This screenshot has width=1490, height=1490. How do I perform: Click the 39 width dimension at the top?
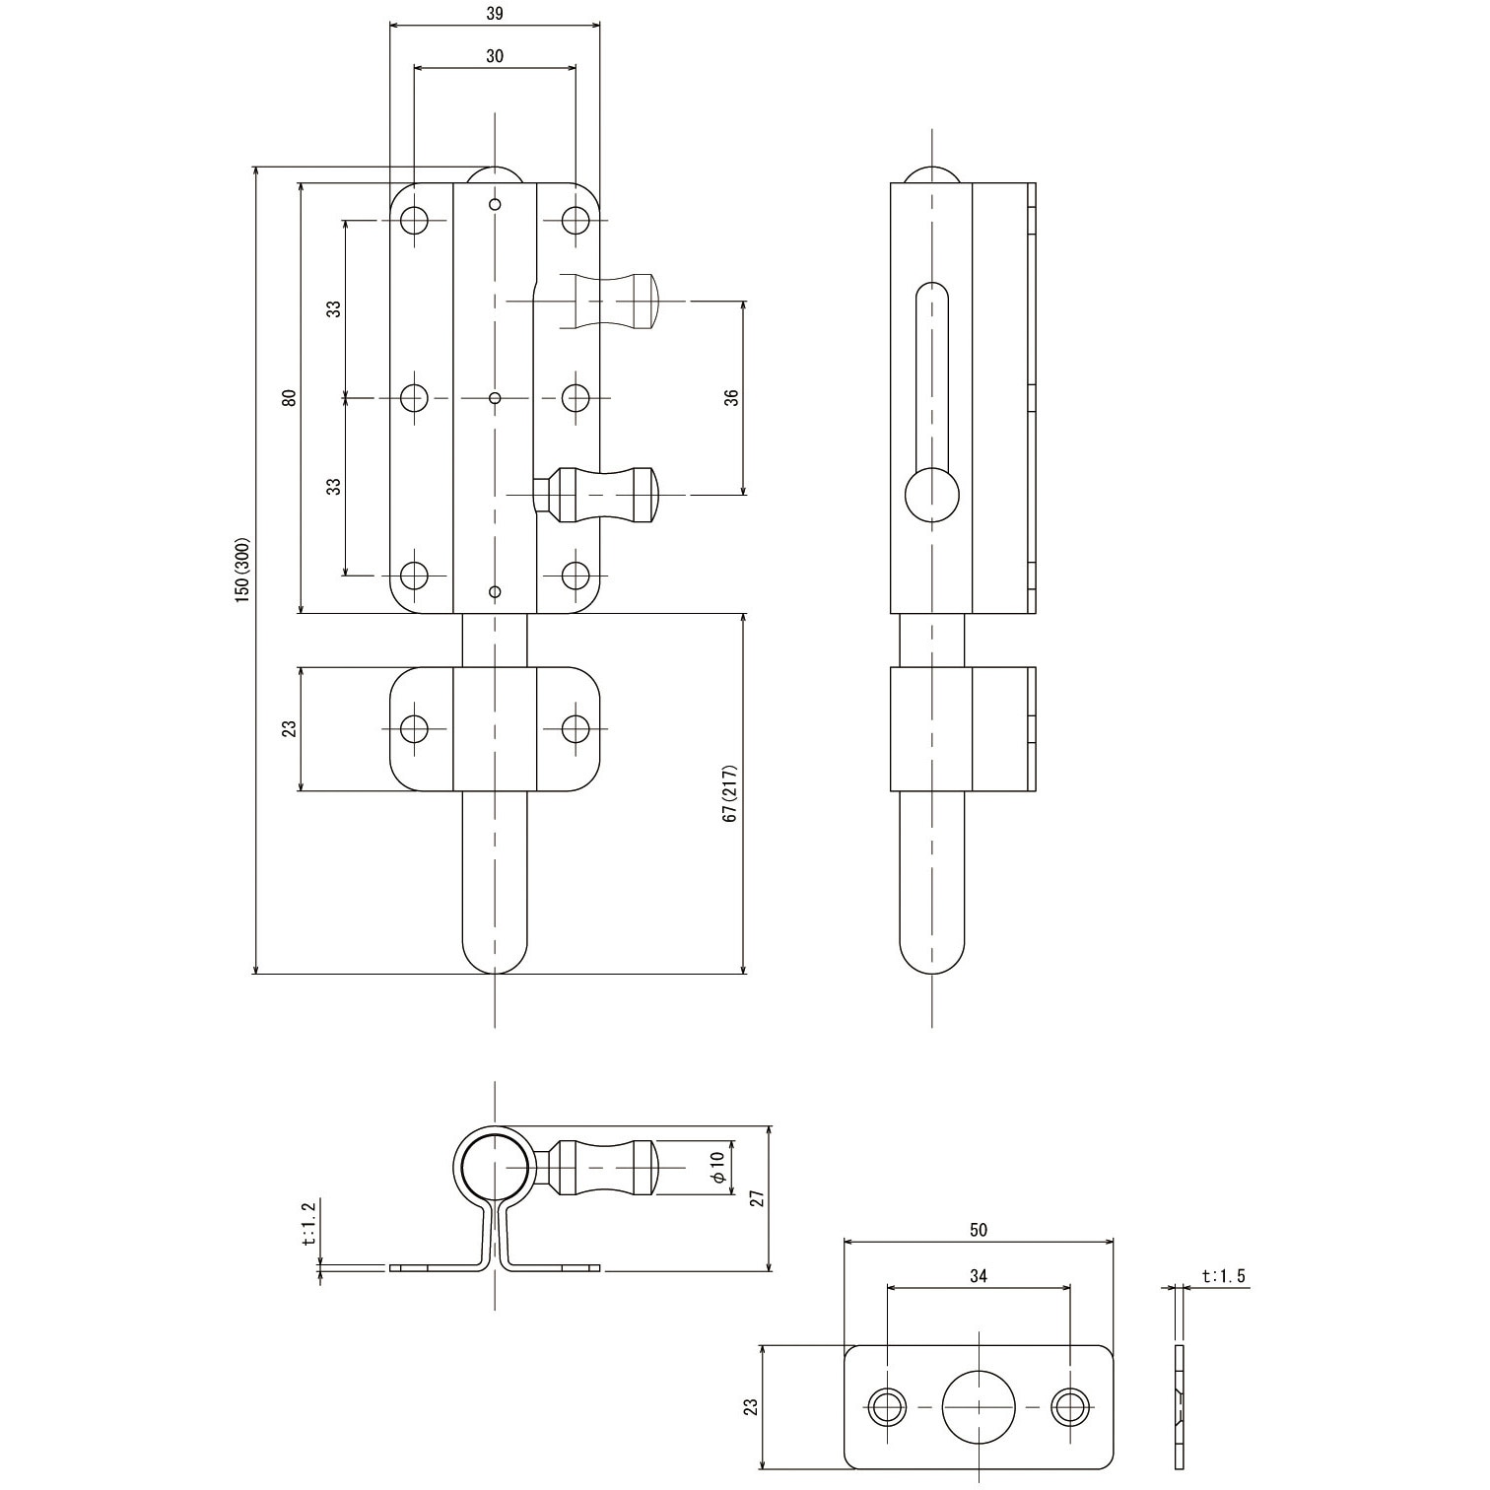pyautogui.click(x=495, y=14)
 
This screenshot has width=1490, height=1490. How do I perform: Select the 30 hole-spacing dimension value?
pyautogui.click(x=495, y=56)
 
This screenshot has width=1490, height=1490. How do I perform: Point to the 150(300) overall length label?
pyautogui.click(x=243, y=570)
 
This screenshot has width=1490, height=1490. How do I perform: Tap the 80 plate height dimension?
pyautogui.click(x=288, y=398)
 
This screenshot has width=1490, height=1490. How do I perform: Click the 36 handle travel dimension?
pyautogui.click(x=730, y=398)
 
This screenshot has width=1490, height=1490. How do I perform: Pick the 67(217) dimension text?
pyautogui.click(x=730, y=793)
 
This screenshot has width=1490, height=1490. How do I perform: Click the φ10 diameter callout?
pyautogui.click(x=718, y=1168)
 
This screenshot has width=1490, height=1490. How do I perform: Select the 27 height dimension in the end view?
pyautogui.click(x=757, y=1197)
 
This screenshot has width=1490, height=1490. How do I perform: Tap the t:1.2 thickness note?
pyautogui.click(x=307, y=1225)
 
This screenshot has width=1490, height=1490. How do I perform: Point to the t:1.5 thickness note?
pyautogui.click(x=1223, y=1276)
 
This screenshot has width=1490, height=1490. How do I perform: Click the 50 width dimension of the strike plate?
pyautogui.click(x=978, y=1230)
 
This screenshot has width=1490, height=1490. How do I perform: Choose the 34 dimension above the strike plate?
pyautogui.click(x=978, y=1276)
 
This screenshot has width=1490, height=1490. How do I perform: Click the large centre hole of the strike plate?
pyautogui.click(x=978, y=1405)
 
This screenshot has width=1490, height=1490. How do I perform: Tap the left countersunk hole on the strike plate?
pyautogui.click(x=886, y=1405)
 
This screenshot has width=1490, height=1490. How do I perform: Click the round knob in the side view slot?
pyautogui.click(x=931, y=495)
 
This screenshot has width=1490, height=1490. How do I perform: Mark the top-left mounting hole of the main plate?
pyautogui.click(x=415, y=219)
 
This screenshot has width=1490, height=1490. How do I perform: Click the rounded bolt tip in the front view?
pyautogui.click(x=495, y=951)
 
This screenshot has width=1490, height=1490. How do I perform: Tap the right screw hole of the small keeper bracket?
pyautogui.click(x=576, y=728)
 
